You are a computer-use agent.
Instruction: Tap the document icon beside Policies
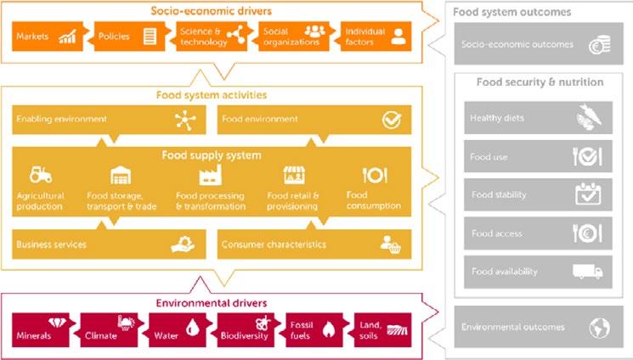[x=150, y=37]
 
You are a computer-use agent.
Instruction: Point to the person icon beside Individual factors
[x=396, y=37]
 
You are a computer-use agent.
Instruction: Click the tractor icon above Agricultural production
[x=40, y=175]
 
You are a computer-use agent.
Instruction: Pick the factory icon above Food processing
[x=210, y=176]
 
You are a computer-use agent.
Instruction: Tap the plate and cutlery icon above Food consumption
[x=375, y=176]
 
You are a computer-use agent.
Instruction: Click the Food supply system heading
[x=212, y=155]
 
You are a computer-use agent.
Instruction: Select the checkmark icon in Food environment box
[x=391, y=120]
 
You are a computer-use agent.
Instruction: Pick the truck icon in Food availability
[x=587, y=272]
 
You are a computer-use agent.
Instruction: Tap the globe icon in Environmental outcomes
[x=598, y=327]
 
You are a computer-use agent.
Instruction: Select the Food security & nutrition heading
[x=540, y=82]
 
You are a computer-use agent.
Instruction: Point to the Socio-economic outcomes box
[x=538, y=45]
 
